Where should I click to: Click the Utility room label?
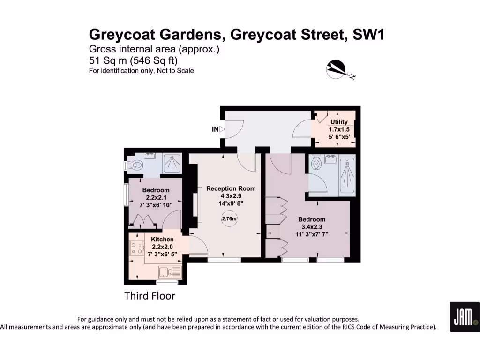[339, 122]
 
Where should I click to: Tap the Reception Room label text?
[231, 188]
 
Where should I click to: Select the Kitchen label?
[162, 240]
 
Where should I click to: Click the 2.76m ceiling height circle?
[229, 218]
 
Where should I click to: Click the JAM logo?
[464, 317]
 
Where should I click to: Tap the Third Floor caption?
[150, 296]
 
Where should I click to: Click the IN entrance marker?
[215, 129]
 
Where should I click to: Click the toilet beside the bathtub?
[316, 165]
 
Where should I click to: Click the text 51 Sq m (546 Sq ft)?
[134, 60]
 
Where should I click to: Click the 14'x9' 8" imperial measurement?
[231, 203]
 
